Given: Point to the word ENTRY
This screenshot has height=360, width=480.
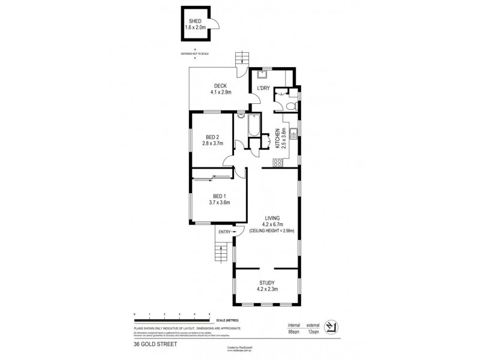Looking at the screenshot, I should tap(225, 232).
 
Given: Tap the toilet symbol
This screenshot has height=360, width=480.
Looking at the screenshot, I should tap(290, 106).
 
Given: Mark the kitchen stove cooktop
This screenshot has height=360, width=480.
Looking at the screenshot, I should tap(278, 162).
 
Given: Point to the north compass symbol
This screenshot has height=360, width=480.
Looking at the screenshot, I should tap(329, 326).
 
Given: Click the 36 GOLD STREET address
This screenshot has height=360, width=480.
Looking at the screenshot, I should tap(152, 345).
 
